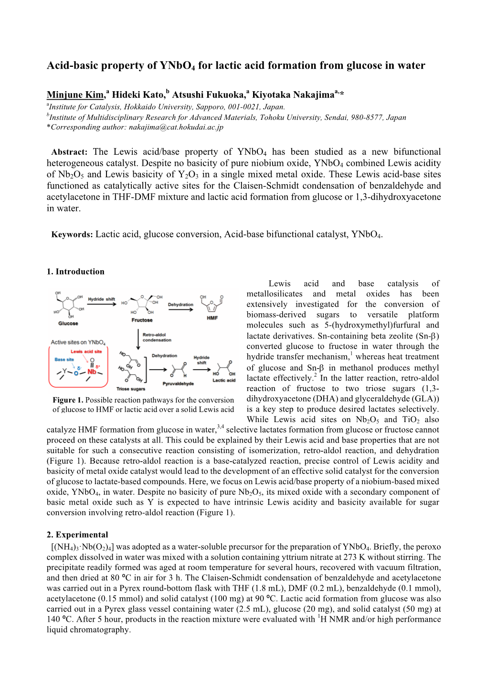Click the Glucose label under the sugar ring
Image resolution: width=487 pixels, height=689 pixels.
(x=68, y=323)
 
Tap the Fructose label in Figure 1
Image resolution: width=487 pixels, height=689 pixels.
(x=142, y=320)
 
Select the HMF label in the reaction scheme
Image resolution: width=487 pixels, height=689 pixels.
(x=212, y=318)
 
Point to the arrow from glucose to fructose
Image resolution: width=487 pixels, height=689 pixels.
(x=102, y=304)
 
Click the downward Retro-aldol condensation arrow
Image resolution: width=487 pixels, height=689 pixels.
(x=138, y=339)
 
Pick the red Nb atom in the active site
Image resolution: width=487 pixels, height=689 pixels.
(x=92, y=371)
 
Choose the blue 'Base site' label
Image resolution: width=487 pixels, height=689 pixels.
(x=64, y=360)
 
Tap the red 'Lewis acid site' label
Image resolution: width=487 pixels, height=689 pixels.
(x=86, y=351)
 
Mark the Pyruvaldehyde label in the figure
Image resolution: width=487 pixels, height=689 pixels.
(x=178, y=383)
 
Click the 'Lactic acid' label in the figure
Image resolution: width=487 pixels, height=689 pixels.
(x=224, y=381)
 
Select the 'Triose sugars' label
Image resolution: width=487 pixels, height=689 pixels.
(x=130, y=389)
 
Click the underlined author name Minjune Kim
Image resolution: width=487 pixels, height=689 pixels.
(x=75, y=95)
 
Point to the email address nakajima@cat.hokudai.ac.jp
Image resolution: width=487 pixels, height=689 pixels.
(x=176, y=127)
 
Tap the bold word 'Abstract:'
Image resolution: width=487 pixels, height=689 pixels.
(x=69, y=152)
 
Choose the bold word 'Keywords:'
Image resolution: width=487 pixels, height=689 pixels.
(x=72, y=234)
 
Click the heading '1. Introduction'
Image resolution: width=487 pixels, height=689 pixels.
(x=75, y=272)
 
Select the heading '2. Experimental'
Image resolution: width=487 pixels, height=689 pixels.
(x=77, y=535)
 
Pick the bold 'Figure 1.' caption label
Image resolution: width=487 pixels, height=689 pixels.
(x=68, y=400)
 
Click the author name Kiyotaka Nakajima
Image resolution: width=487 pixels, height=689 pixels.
(x=293, y=95)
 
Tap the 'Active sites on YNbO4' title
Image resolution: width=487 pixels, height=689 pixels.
(x=78, y=342)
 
